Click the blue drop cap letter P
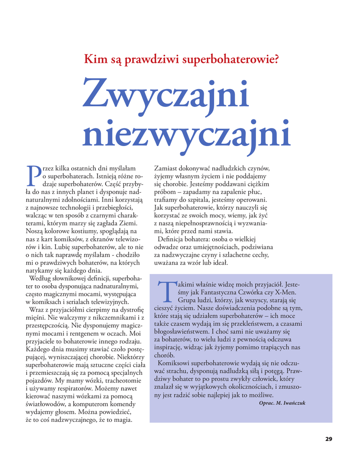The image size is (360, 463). pos(31,176)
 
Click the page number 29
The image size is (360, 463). pos(328,439)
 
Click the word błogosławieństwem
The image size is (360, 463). pos(183,331)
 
